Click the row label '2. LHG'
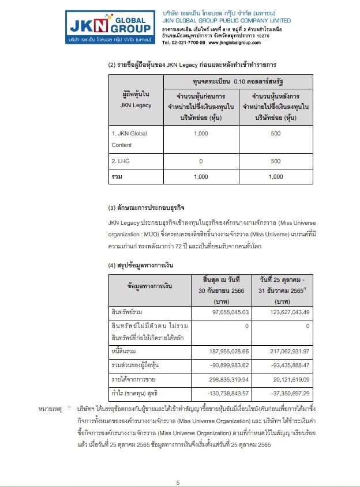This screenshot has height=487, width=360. coord(121,163)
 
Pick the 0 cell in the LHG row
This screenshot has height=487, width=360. coord(201,163)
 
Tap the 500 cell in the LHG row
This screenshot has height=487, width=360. coord(276,163)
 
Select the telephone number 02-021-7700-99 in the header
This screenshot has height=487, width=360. coord(184,43)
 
